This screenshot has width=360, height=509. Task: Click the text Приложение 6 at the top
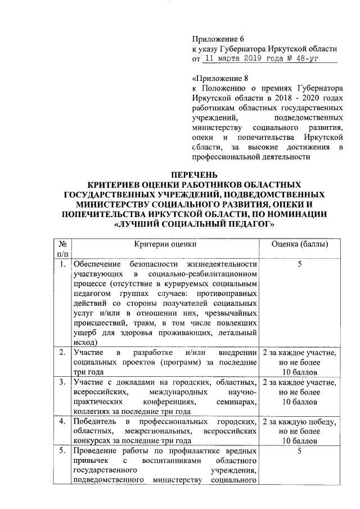click(x=219, y=39)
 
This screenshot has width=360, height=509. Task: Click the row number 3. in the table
click(x=64, y=382)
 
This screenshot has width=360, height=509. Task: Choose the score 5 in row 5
click(x=300, y=451)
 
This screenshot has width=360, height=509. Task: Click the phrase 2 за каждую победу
click(x=300, y=422)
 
